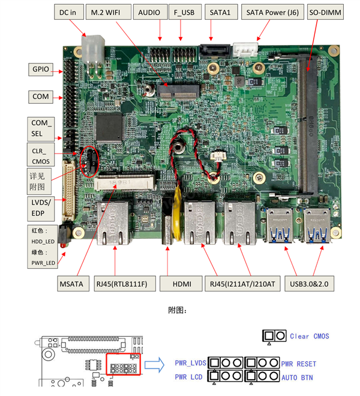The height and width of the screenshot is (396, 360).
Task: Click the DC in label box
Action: click(x=67, y=11)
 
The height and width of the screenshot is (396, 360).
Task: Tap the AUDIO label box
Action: click(x=149, y=11)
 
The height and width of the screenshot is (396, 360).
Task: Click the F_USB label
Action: click(x=184, y=11)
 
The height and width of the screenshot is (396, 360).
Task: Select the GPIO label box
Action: click(x=41, y=69)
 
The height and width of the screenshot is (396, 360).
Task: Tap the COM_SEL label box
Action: click(x=41, y=128)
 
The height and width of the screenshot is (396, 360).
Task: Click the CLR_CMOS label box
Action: click(x=41, y=154)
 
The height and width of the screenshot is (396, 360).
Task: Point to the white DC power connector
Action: click(x=93, y=45)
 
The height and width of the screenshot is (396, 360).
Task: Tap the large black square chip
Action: click(x=109, y=125)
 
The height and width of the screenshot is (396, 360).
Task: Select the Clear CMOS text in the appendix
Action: click(x=309, y=336)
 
